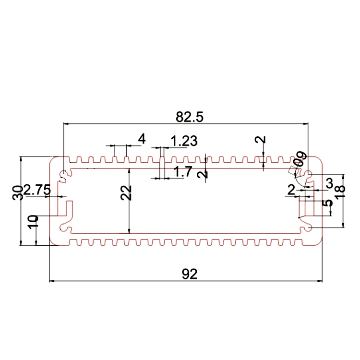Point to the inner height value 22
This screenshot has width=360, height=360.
[x=126, y=192]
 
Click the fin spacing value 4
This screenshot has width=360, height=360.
[x=142, y=139]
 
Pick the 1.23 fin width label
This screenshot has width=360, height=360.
[x=184, y=141]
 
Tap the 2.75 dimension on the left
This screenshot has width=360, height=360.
[x=36, y=190]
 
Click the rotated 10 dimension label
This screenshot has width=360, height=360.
[x=32, y=222]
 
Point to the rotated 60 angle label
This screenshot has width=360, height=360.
[x=301, y=158]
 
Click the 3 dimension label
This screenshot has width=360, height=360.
[x=329, y=183]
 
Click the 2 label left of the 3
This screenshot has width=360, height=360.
[x=291, y=190]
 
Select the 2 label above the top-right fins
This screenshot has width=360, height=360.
[x=260, y=141]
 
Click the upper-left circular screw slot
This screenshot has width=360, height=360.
[x=64, y=173]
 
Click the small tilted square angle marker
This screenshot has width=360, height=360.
[x=291, y=171]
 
